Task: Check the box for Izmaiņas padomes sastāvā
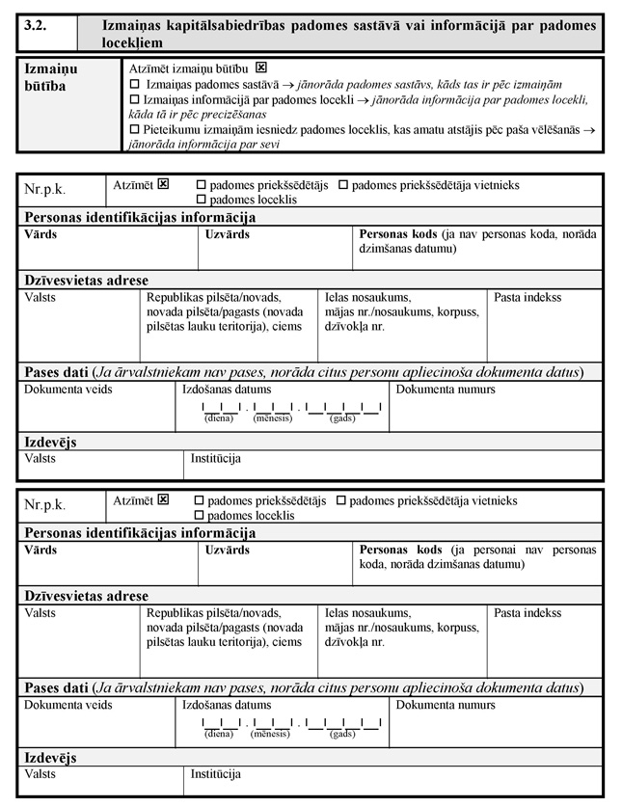pyautogui.click(x=135, y=86)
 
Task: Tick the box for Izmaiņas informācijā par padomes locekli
pyautogui.click(x=135, y=100)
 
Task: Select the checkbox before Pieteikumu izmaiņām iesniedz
pyautogui.click(x=135, y=128)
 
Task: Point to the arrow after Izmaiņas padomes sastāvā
pyautogui.click(x=287, y=86)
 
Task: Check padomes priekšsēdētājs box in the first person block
pyautogui.click(x=201, y=184)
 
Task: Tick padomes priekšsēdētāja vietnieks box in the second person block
pyautogui.click(x=341, y=501)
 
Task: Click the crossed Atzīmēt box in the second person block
pyautogui.click(x=163, y=500)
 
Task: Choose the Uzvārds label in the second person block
pyautogui.click(x=228, y=551)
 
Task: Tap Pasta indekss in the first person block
pyautogui.click(x=527, y=298)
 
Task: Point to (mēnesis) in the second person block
pyautogui.click(x=271, y=735)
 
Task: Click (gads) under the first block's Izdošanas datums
pyautogui.click(x=342, y=418)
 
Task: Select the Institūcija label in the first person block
pyautogui.click(x=215, y=459)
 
